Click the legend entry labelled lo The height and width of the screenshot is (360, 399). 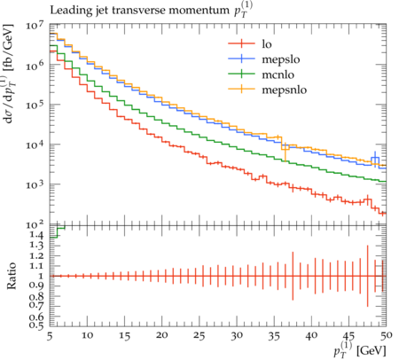pyautogui.click(x=267, y=44)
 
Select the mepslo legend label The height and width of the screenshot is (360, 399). pyautogui.click(x=281, y=59)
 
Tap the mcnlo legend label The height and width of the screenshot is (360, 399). pyautogui.click(x=278, y=74)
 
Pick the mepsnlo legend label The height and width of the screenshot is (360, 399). pyautogui.click(x=285, y=90)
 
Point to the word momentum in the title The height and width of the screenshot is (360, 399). pyautogui.click(x=200, y=10)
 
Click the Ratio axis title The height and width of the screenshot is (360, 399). pyautogui.click(x=11, y=276)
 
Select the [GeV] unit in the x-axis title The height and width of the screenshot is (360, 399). pyautogui.click(x=372, y=350)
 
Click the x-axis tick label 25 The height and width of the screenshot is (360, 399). pyautogui.click(x=199, y=336)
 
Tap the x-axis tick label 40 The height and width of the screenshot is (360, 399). pyautogui.click(x=311, y=336)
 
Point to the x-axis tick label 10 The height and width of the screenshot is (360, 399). pyautogui.click(x=87, y=336)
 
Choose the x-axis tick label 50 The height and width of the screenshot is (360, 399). pyautogui.click(x=387, y=336)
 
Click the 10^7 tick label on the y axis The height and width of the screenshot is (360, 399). pyautogui.click(x=35, y=25)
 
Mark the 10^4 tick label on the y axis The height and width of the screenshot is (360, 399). pyautogui.click(x=35, y=145)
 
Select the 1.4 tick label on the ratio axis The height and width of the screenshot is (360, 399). pyautogui.click(x=36, y=235)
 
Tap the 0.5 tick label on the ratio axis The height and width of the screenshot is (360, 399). pyautogui.click(x=36, y=325)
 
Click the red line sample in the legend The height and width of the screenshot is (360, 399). pyautogui.click(x=241, y=43)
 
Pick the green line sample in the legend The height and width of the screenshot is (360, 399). pyautogui.click(x=241, y=74)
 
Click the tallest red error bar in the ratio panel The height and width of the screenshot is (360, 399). pyautogui.click(x=367, y=276)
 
